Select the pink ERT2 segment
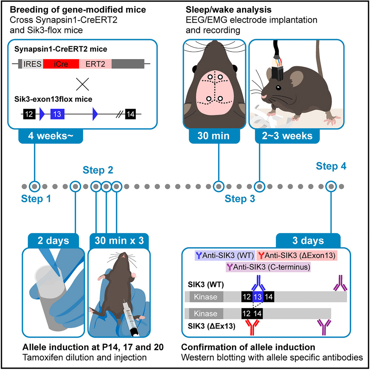[x=95, y=64]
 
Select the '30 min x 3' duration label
[x=117, y=240]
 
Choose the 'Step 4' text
[x=331, y=166]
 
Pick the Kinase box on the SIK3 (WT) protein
[x=206, y=296]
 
